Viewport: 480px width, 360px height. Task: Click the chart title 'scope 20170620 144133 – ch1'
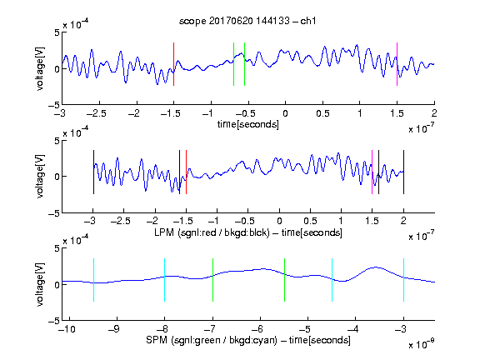point(247,21)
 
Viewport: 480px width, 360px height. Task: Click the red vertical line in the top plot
point(173,64)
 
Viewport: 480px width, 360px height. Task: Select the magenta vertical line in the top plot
point(397,64)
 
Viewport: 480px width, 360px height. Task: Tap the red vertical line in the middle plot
point(186,172)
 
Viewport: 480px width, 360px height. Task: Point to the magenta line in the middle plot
point(372,172)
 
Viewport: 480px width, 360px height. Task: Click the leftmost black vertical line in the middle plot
point(93,172)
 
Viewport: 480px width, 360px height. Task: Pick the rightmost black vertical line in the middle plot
point(403,172)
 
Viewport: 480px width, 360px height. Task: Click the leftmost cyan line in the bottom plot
point(93,280)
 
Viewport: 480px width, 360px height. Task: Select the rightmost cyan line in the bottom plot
point(403,280)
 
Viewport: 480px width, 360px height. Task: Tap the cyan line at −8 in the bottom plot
point(164,280)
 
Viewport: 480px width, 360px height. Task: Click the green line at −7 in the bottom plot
point(212,280)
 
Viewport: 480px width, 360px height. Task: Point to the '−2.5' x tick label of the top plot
point(96,113)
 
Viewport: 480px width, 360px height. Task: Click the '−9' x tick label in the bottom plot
point(114,329)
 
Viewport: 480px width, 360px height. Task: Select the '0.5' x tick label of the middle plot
point(310,221)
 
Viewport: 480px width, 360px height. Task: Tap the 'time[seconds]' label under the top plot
point(248,124)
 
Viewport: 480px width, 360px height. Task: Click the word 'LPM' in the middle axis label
point(164,232)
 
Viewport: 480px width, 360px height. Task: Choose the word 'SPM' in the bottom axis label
point(157,340)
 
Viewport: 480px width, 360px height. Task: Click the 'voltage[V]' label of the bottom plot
point(40,284)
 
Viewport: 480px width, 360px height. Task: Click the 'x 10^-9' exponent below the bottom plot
point(422,343)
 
